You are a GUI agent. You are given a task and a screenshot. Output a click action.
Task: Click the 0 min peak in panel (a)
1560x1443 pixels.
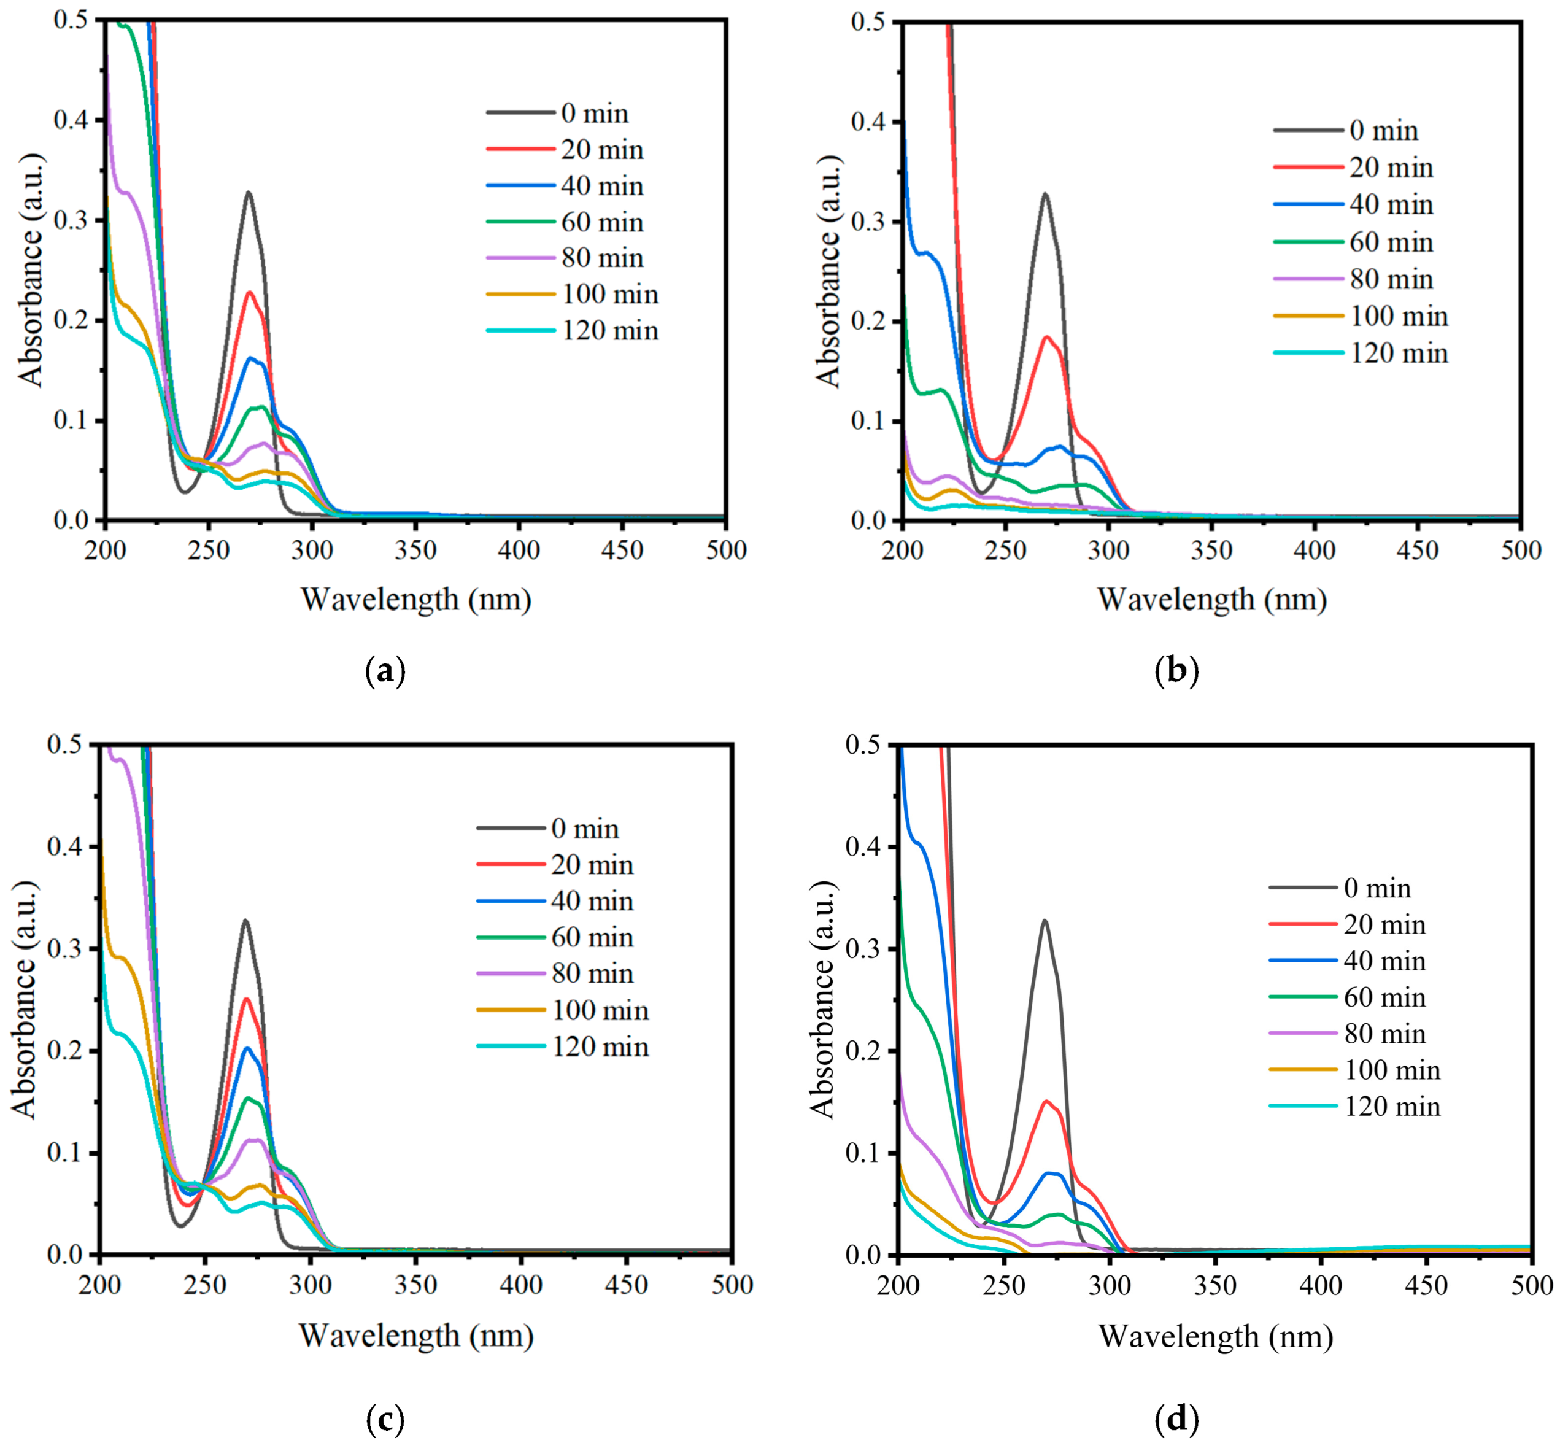249,192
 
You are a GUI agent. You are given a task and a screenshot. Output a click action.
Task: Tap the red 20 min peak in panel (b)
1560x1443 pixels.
1046,336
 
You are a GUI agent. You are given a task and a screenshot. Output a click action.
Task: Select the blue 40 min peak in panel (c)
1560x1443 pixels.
247,1048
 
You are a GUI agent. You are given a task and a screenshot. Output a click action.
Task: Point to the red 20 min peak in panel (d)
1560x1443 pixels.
1046,1101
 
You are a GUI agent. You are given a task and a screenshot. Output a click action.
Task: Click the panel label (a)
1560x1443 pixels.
385,671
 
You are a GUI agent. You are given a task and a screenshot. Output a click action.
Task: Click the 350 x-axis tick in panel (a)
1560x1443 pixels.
415,551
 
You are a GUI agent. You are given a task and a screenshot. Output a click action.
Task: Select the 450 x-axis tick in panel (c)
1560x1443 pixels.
626,1285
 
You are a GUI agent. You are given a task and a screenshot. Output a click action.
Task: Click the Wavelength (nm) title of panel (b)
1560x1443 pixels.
1212,600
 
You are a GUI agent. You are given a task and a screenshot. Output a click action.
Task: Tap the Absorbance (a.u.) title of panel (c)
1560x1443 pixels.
25,999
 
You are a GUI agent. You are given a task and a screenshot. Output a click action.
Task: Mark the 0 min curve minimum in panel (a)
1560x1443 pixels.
185,492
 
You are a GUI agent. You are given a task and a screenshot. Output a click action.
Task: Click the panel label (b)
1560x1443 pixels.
1176,671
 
